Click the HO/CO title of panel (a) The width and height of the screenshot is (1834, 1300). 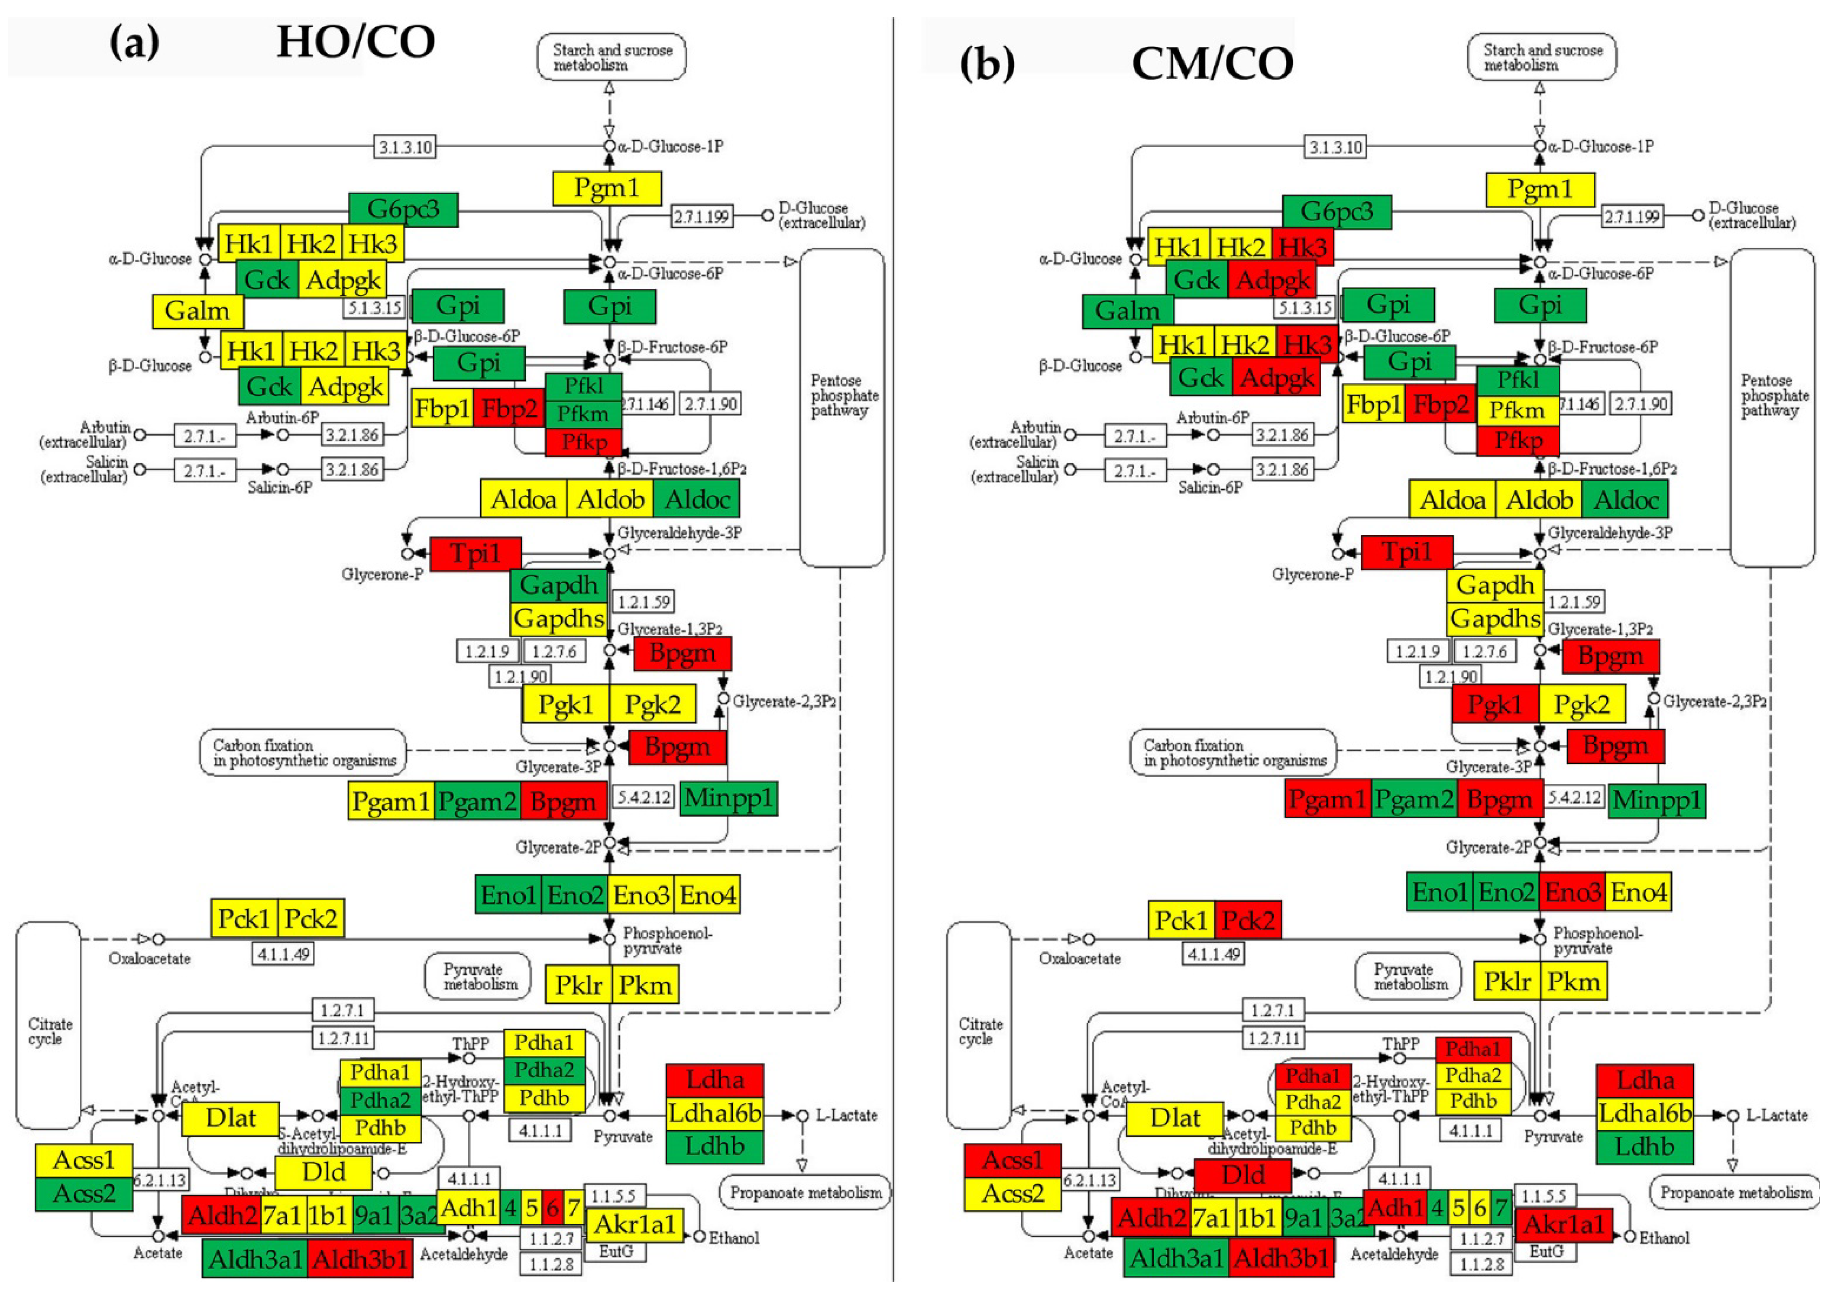click(x=355, y=42)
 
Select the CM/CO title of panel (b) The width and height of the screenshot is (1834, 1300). click(x=1212, y=64)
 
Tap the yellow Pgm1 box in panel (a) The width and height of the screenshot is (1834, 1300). click(x=607, y=188)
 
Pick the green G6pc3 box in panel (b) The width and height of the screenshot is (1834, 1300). click(x=1336, y=211)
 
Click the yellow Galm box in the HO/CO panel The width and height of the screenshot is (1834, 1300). click(x=197, y=311)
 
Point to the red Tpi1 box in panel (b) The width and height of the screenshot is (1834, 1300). click(x=1407, y=553)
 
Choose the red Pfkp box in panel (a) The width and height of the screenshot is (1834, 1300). click(x=584, y=442)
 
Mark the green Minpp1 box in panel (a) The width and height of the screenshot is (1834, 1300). click(x=729, y=798)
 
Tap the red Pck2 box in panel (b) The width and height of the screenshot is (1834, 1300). click(x=1248, y=920)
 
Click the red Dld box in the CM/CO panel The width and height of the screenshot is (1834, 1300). click(x=1242, y=1175)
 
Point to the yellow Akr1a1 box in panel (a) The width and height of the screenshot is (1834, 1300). click(x=635, y=1224)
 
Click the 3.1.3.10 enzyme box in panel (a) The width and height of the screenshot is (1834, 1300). click(x=406, y=147)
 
